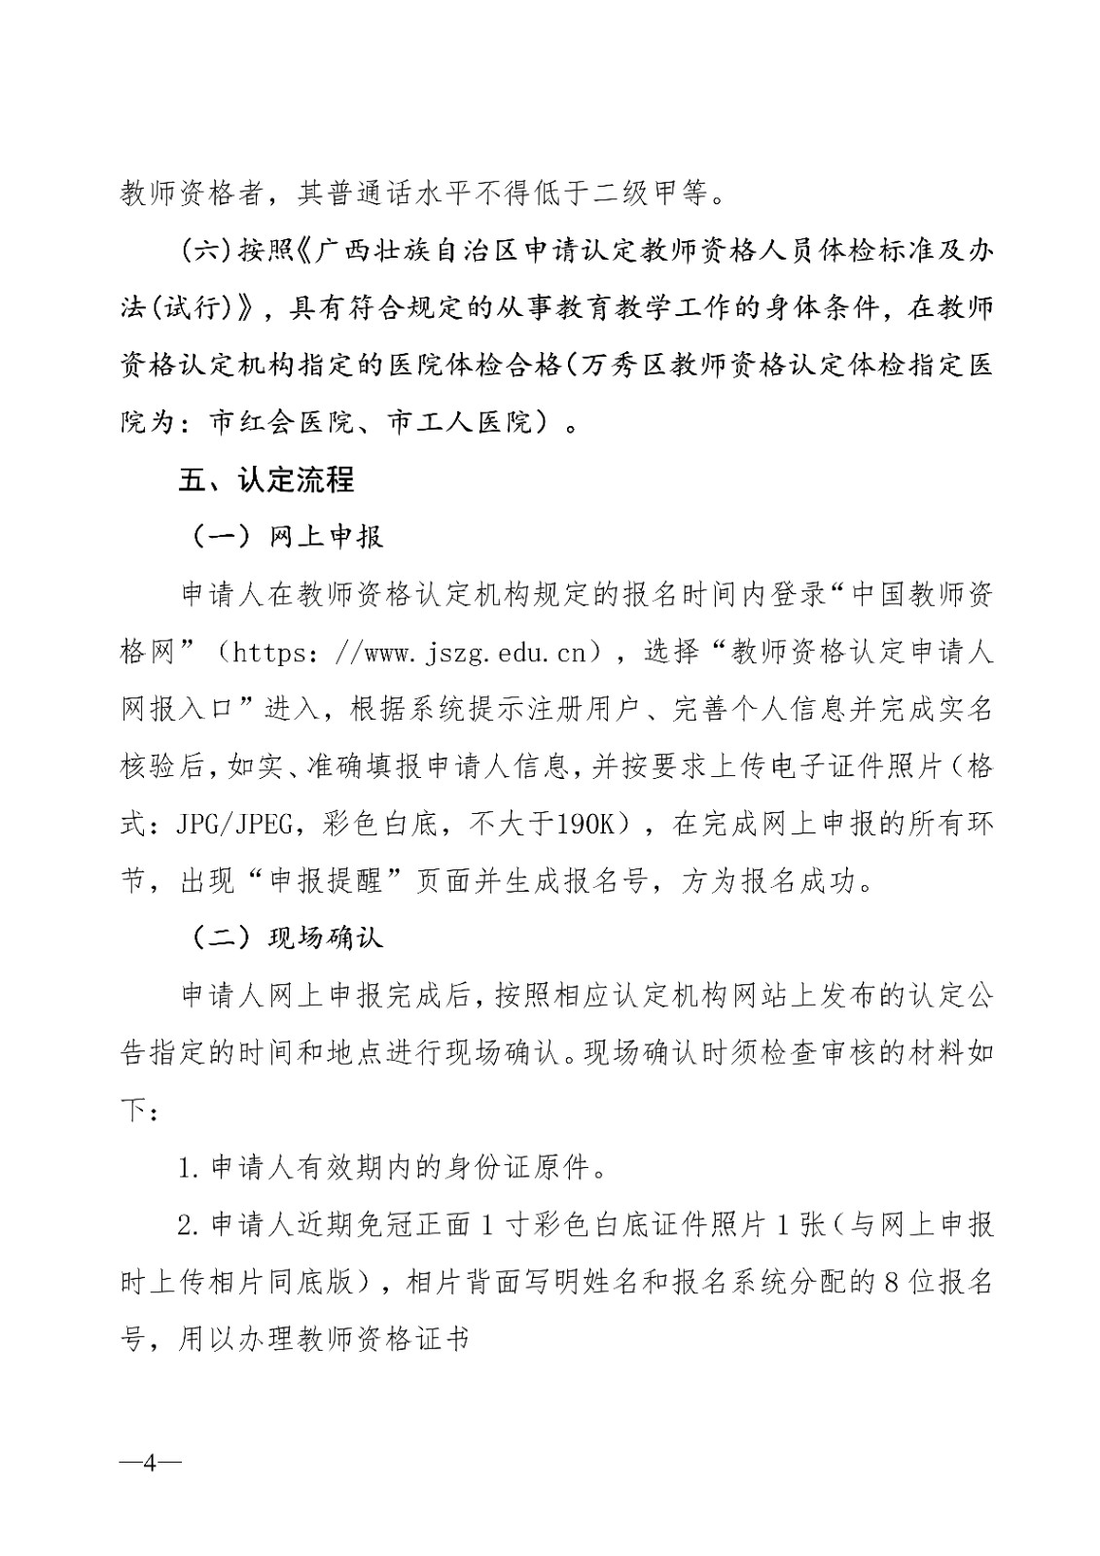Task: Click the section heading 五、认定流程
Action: point(266,479)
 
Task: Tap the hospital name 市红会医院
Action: point(280,422)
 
